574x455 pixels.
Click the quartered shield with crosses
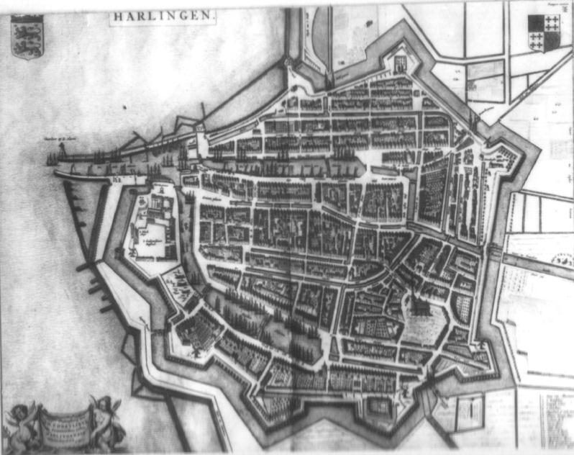click(x=543, y=32)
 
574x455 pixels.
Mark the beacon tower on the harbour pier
click(x=61, y=149)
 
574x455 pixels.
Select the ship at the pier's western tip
click(x=51, y=158)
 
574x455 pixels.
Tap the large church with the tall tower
click(x=417, y=310)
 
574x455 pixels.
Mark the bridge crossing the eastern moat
click(x=496, y=252)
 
